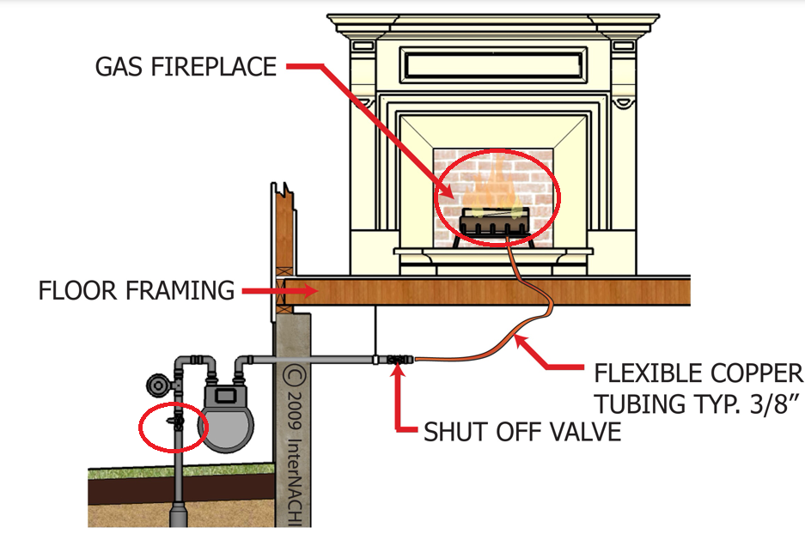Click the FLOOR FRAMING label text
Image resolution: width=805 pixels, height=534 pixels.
coord(136,291)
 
